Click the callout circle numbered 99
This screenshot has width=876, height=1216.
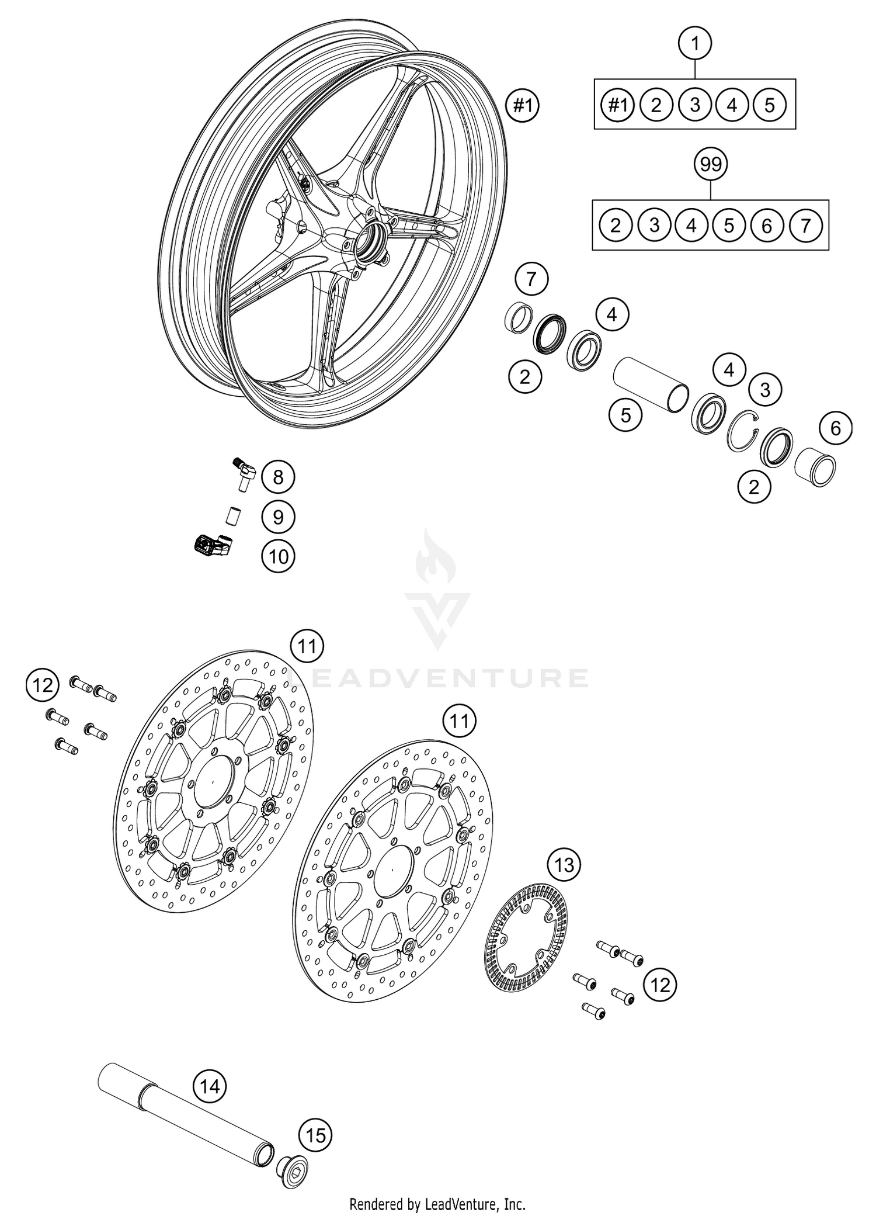pyautogui.click(x=711, y=165)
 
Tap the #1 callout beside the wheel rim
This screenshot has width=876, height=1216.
pyautogui.click(x=522, y=106)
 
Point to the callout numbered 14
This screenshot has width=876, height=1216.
pyautogui.click(x=210, y=1086)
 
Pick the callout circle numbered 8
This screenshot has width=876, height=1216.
pyautogui.click(x=278, y=477)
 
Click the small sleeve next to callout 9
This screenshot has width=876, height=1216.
pyautogui.click(x=234, y=517)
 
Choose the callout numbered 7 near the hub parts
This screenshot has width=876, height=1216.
pyautogui.click(x=531, y=279)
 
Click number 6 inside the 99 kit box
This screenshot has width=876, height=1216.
pyautogui.click(x=767, y=226)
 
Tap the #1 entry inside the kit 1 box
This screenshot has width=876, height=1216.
pyautogui.click(x=618, y=106)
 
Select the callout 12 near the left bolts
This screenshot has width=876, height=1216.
pyautogui.click(x=43, y=685)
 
